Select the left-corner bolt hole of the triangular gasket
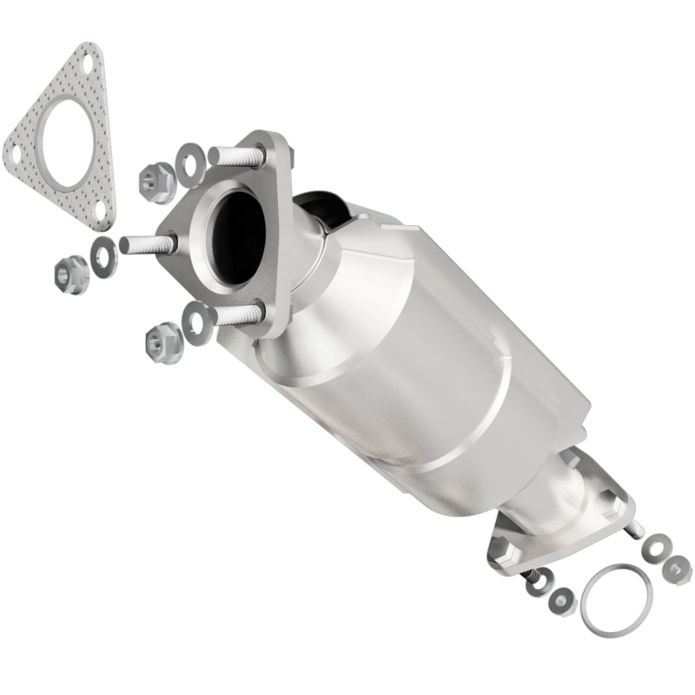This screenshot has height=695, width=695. point(14,155)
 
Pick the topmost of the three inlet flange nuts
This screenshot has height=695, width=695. point(156,179)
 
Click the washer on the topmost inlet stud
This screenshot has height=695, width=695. point(189,160)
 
